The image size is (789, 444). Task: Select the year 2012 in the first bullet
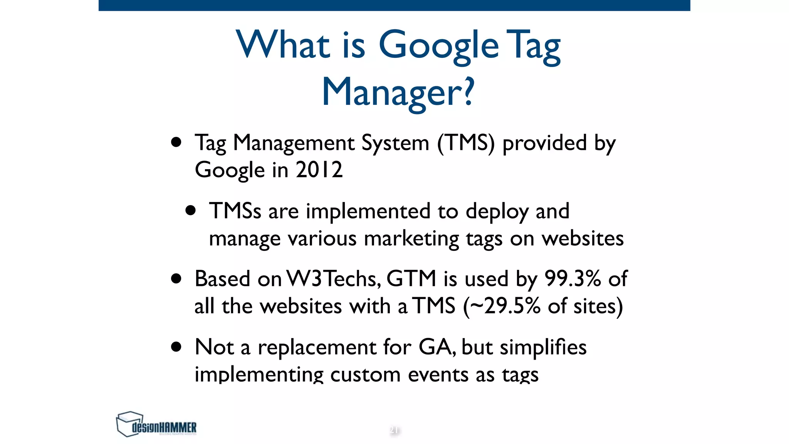tap(319, 170)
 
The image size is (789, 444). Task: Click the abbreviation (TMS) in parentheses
tap(466, 143)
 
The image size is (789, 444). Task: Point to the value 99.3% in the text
tap(572, 279)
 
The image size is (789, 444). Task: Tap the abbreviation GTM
tap(411, 279)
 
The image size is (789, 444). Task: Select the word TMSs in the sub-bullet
tap(235, 211)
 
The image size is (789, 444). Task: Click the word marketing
tap(411, 239)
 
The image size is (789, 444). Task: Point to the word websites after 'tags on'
tap(583, 239)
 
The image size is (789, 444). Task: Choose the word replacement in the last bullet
tap(317, 347)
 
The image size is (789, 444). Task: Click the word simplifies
tap(543, 347)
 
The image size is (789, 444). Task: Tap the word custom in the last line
tap(365, 375)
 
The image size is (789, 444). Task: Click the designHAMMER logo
tap(156, 424)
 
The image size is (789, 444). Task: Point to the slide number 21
tap(394, 430)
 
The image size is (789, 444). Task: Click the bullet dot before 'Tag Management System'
tap(176, 142)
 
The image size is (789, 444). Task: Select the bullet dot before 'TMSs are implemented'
tap(190, 210)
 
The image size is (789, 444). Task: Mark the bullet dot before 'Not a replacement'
tap(176, 346)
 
